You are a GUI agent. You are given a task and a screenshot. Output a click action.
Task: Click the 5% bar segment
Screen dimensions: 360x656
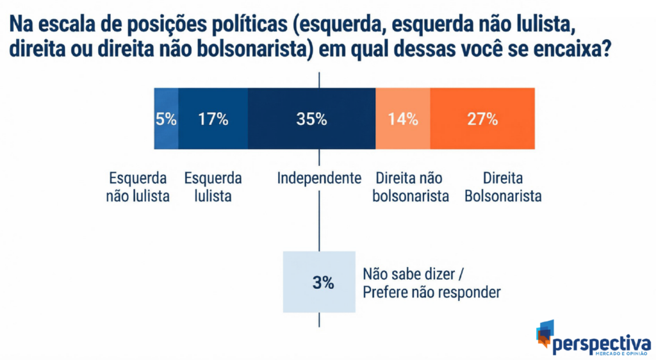pyautogui.click(x=166, y=119)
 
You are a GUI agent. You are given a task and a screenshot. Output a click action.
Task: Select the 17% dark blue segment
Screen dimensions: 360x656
pyautogui.click(x=213, y=119)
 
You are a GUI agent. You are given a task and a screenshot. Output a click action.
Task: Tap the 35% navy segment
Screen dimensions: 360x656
pyautogui.click(x=311, y=119)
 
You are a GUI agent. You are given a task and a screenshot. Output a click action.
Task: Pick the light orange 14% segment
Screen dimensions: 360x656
pyautogui.click(x=403, y=119)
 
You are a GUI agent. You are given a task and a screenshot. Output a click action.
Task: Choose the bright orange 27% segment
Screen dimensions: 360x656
pyautogui.click(x=482, y=119)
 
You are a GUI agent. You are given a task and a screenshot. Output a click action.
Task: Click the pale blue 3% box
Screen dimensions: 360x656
pyautogui.click(x=319, y=282)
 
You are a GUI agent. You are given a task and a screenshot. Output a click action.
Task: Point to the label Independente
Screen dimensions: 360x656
pyautogui.click(x=319, y=177)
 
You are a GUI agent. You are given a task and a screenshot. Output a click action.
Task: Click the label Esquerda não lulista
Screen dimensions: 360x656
pyautogui.click(x=138, y=187)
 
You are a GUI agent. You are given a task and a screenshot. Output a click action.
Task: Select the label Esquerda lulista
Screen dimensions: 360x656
pyautogui.click(x=213, y=187)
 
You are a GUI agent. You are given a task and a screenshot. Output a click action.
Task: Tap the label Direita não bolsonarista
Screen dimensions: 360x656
pyautogui.click(x=410, y=187)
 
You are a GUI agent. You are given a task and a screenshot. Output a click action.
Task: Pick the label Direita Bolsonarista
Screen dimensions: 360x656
pyautogui.click(x=503, y=187)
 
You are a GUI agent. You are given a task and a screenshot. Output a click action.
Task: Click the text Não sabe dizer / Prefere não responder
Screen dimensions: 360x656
pyautogui.click(x=431, y=282)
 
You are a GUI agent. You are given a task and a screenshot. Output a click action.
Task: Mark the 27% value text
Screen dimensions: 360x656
pyautogui.click(x=482, y=119)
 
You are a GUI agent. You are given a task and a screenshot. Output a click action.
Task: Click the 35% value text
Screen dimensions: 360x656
pyautogui.click(x=311, y=119)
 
